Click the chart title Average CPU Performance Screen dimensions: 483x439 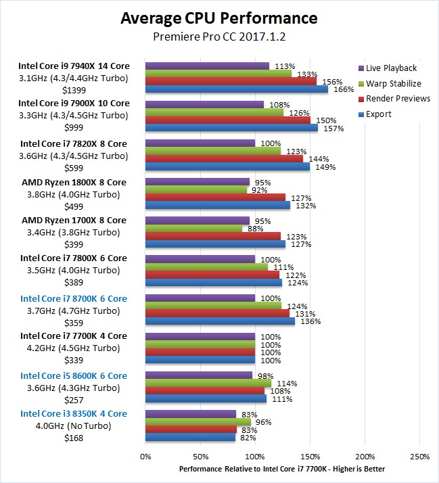pos(219,18)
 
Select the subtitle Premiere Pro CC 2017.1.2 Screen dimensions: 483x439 pos(219,38)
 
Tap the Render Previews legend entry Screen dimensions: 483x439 pos(397,99)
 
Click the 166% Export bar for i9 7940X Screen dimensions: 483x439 pos(237,89)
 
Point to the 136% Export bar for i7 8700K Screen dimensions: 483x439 pos(221,321)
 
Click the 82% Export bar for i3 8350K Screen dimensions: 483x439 pos(191,437)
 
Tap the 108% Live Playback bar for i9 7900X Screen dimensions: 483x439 pos(205,105)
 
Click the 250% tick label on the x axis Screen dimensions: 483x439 pos(419,457)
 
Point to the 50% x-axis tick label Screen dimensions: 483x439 pos(200,457)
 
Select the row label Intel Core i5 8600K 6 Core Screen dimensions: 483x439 pos(74,375)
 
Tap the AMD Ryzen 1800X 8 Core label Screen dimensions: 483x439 pos(74,183)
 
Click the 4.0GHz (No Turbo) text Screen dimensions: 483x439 pos(74,426)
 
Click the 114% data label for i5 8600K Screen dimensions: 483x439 pos(288,383)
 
